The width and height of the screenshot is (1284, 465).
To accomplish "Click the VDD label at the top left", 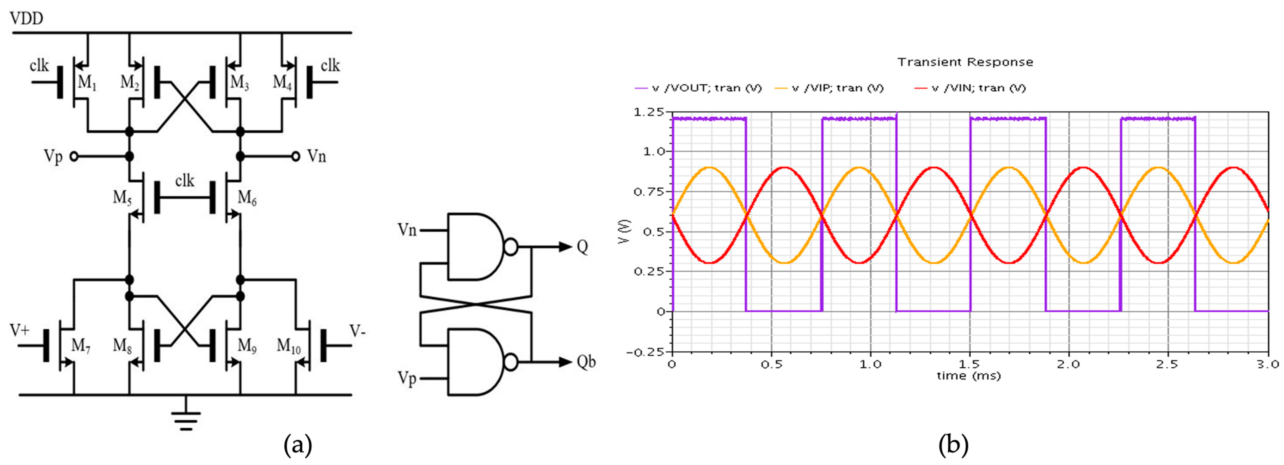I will pos(27,18).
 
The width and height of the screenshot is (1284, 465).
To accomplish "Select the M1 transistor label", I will pos(87,82).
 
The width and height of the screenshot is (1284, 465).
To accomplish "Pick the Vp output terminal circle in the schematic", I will pos(74,157).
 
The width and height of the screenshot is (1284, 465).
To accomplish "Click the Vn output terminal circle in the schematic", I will pos(296,157).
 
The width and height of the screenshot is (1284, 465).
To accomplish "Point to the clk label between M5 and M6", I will pos(184,180).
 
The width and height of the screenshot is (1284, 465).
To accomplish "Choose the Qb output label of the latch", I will pos(586,362).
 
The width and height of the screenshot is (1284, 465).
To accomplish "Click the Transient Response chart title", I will pos(965,62).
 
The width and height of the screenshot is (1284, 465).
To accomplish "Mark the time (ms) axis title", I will pos(968,376).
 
